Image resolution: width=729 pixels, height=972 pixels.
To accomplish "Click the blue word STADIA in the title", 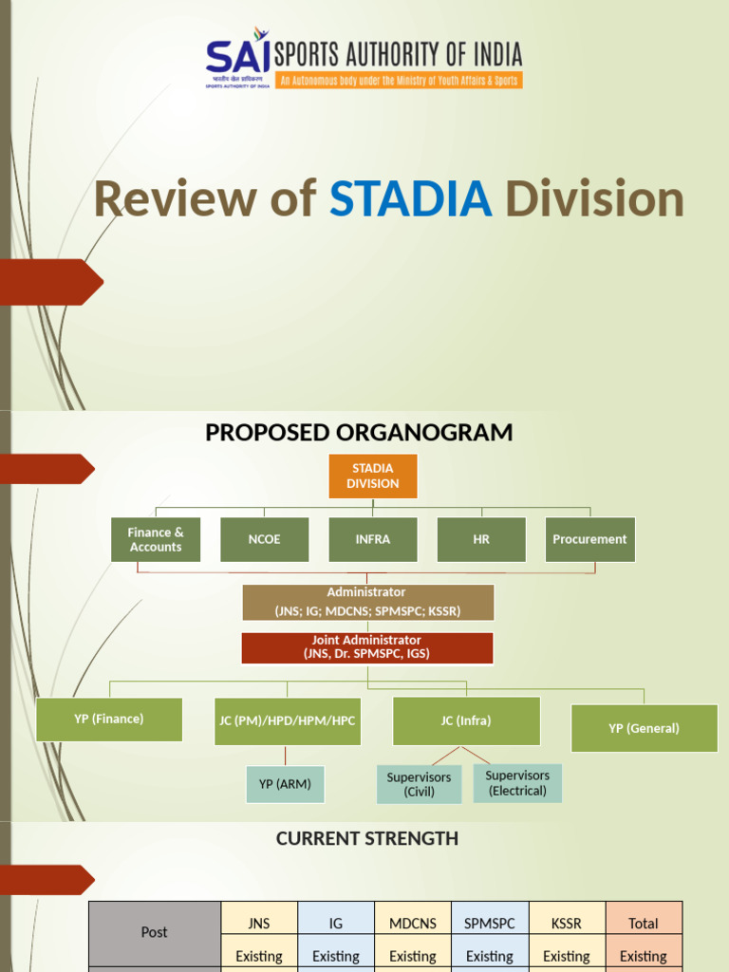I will (411, 199).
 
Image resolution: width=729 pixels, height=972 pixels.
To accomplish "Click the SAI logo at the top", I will (238, 59).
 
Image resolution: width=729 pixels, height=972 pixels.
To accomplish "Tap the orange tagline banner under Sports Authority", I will (398, 81).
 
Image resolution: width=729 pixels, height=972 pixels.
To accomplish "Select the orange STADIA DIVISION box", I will (373, 476).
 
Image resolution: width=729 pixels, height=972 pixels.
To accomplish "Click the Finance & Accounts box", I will (156, 539).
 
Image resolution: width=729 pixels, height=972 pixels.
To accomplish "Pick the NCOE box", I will (265, 539).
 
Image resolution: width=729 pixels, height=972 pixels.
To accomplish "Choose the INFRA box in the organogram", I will (373, 539).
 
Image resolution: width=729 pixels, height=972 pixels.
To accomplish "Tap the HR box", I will (481, 539).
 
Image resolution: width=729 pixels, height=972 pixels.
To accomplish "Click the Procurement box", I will (589, 539).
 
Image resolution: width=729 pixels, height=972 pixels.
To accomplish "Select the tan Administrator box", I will (367, 602).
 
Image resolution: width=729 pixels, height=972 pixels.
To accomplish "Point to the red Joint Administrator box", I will (367, 647).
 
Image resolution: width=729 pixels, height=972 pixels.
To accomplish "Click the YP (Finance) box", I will (109, 720).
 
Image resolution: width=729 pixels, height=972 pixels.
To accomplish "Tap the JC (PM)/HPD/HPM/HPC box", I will (288, 721).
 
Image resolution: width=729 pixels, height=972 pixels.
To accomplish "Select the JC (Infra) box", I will (466, 721).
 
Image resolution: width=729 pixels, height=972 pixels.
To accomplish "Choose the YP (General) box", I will (644, 728).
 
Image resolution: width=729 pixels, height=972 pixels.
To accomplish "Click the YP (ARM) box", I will (285, 784).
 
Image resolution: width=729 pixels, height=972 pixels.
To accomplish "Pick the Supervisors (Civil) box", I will (419, 784).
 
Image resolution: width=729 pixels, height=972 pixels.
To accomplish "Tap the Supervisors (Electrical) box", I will (517, 783).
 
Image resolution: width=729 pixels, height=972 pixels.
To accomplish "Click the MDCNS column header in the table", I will (413, 923).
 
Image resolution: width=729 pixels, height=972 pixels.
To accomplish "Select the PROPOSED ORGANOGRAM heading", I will (359, 433).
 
